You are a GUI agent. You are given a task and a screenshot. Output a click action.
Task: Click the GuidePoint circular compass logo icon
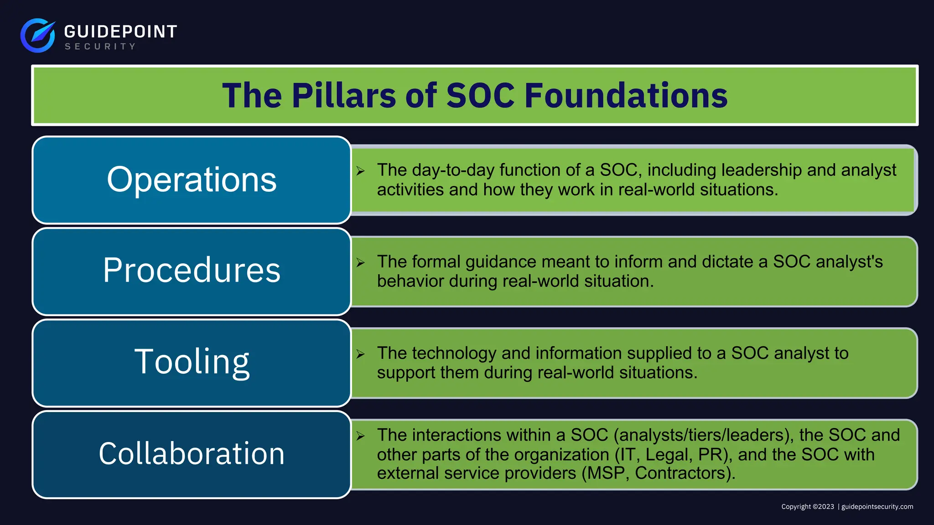tap(38, 35)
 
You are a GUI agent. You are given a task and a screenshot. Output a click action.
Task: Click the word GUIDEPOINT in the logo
tap(120, 31)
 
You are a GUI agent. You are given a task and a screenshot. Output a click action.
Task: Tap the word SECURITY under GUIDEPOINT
tap(100, 46)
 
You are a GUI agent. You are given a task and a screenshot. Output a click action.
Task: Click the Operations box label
tap(192, 180)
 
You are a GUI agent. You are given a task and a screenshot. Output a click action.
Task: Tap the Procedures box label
tap(192, 270)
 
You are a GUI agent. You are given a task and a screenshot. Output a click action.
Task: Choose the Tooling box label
tap(192, 362)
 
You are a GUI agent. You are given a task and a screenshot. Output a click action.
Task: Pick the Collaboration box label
tap(192, 453)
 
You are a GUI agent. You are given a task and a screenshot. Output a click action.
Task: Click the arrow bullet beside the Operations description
tap(361, 171)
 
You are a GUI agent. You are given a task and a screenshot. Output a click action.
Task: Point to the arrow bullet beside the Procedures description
tap(361, 262)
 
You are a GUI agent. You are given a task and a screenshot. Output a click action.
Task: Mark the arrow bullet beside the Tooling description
tap(361, 354)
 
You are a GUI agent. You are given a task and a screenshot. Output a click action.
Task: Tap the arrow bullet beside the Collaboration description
tap(361, 436)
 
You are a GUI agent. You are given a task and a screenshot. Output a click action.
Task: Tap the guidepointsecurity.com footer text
tap(877, 507)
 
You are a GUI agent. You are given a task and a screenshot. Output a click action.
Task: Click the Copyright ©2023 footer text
tap(807, 507)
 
